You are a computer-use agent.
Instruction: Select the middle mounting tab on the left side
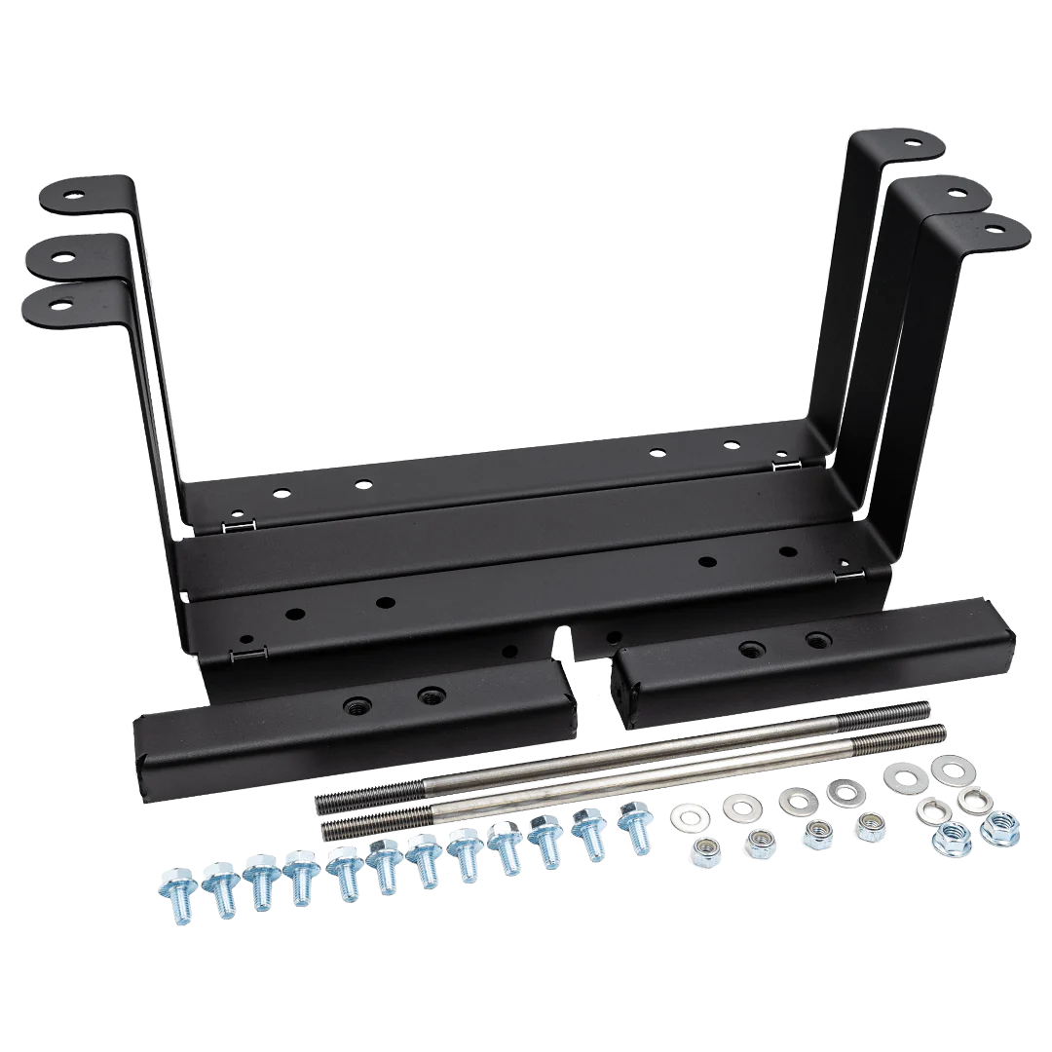pos(68,257)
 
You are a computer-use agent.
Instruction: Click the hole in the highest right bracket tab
pos(912,142)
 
